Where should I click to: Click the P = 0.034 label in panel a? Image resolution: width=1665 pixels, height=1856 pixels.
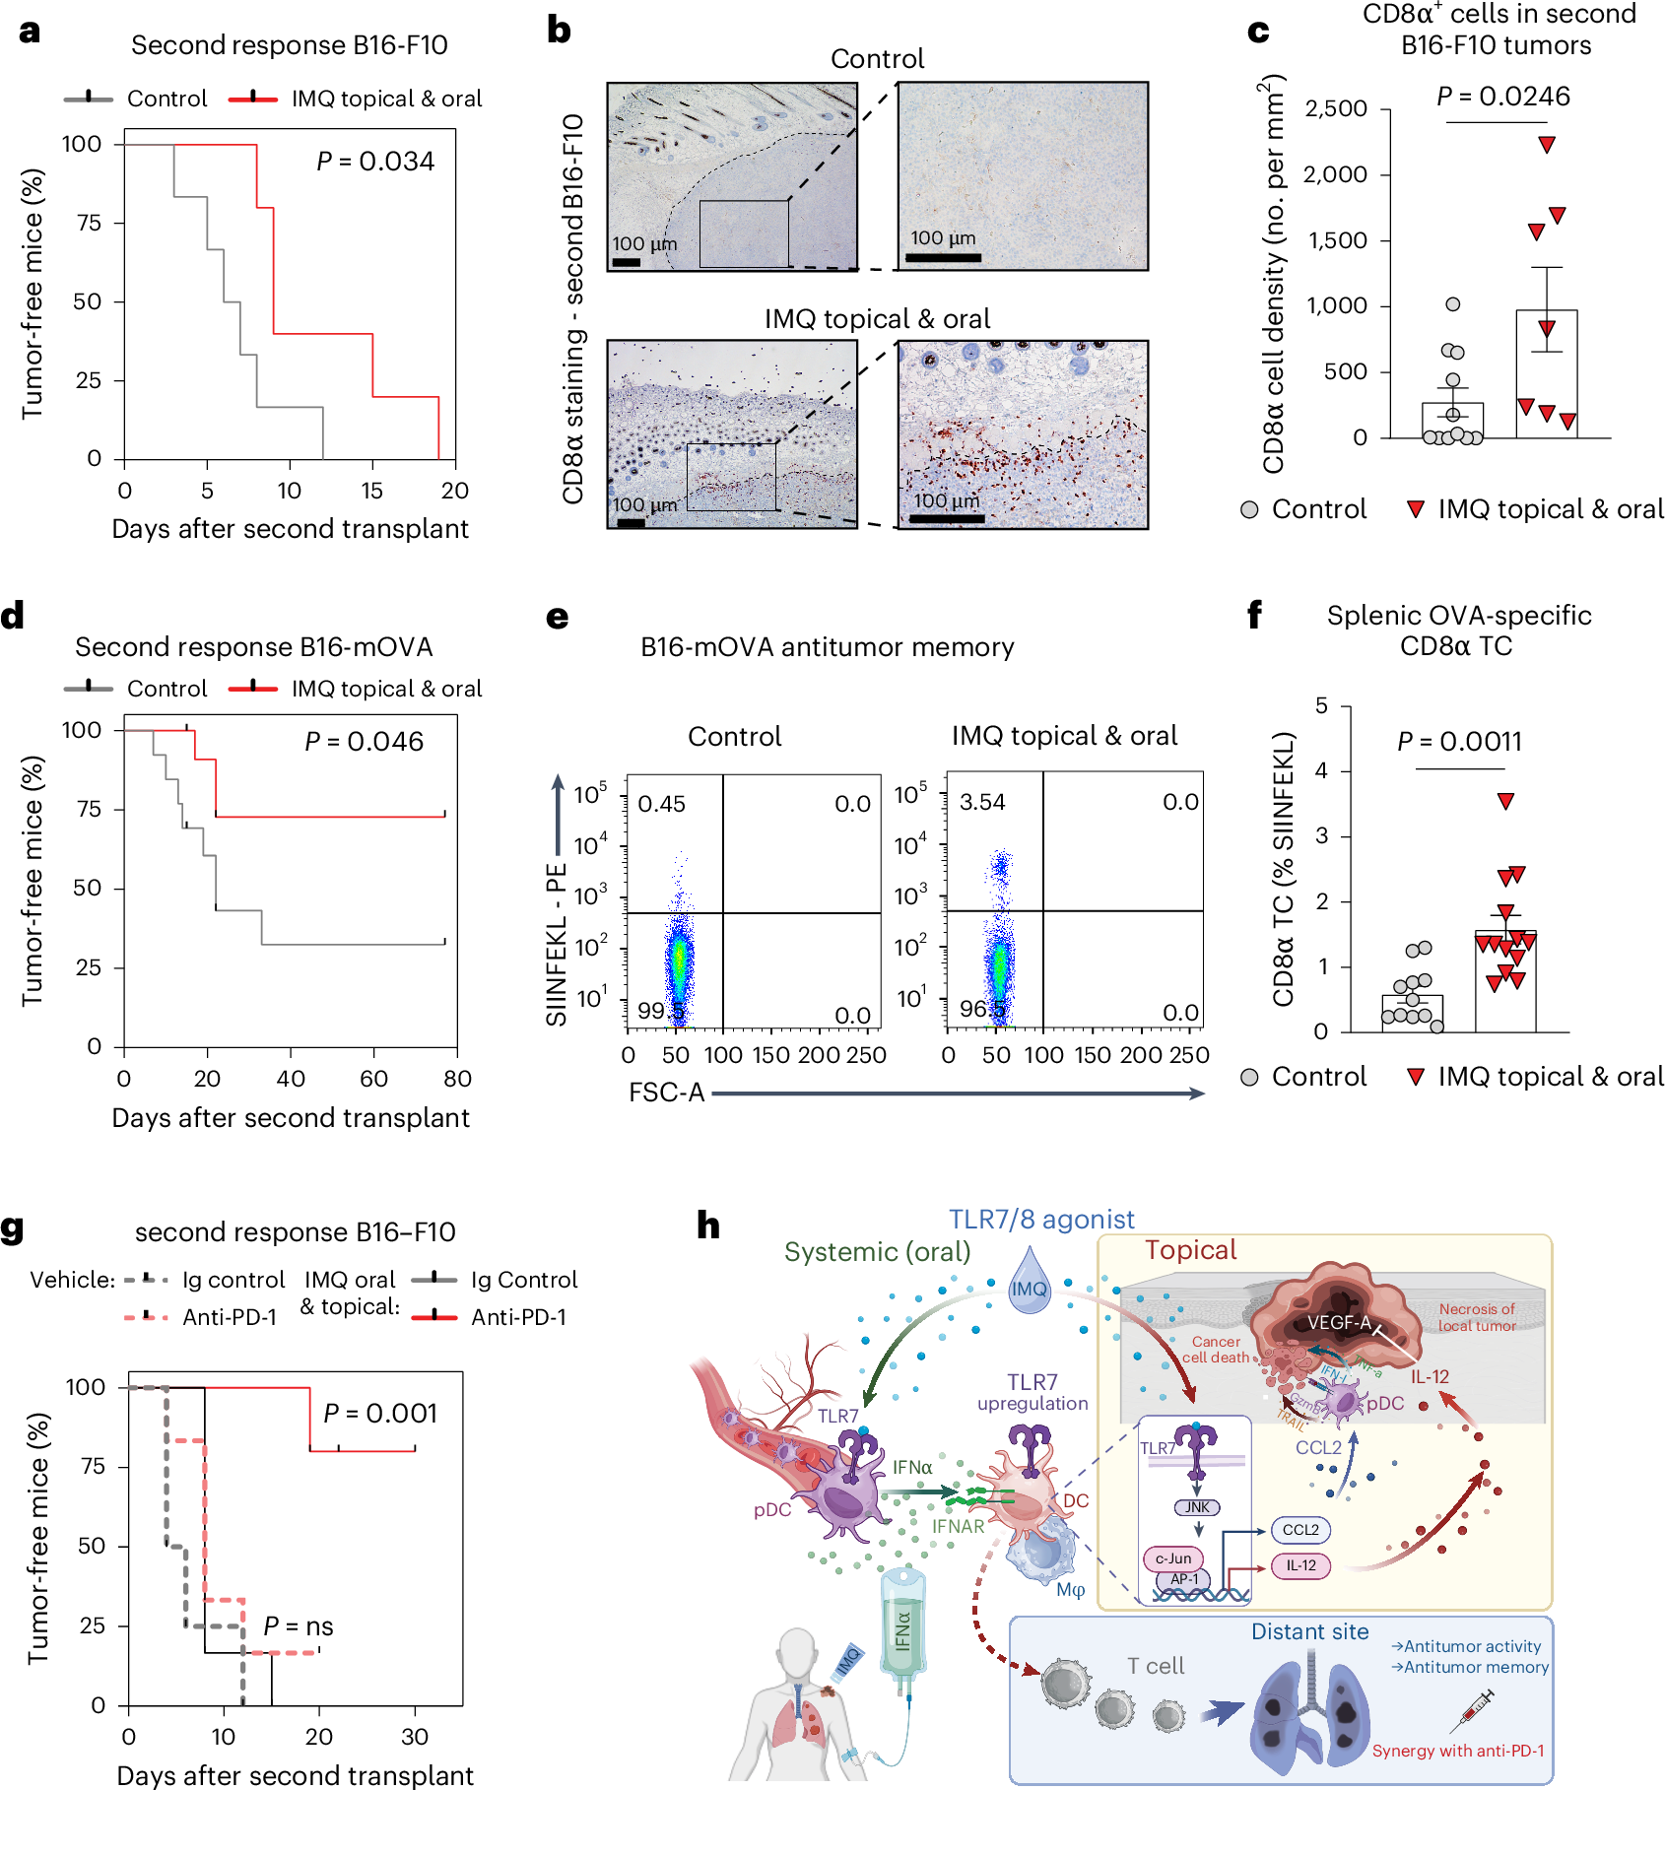point(375,162)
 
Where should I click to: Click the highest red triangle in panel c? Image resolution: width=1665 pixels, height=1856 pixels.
point(1547,145)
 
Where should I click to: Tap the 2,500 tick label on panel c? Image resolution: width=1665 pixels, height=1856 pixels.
point(1335,108)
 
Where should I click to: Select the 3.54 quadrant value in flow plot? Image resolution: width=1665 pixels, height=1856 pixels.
point(982,802)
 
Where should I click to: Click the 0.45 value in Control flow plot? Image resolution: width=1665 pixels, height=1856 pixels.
point(661,804)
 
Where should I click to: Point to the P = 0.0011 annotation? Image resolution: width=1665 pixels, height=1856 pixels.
point(1459,742)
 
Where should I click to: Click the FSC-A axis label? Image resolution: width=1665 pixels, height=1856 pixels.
point(666,1093)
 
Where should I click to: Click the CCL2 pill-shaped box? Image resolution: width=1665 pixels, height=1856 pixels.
point(1300,1530)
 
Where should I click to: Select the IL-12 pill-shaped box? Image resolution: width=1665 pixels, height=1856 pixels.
point(1300,1565)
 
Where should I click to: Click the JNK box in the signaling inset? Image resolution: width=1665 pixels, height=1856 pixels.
point(1197,1507)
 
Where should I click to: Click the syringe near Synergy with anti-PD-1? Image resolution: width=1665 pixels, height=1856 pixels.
point(1472,1711)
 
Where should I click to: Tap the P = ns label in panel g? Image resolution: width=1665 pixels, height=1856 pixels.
point(298,1626)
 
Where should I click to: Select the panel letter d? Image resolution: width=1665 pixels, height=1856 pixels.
point(13,617)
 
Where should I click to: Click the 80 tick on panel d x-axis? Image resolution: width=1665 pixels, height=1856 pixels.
point(457,1079)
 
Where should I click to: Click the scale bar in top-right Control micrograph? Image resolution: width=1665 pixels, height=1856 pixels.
point(943,258)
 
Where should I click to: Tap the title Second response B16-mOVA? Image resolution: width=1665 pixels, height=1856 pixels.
point(253,647)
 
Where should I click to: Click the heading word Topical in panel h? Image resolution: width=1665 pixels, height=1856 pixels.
point(1190,1250)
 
